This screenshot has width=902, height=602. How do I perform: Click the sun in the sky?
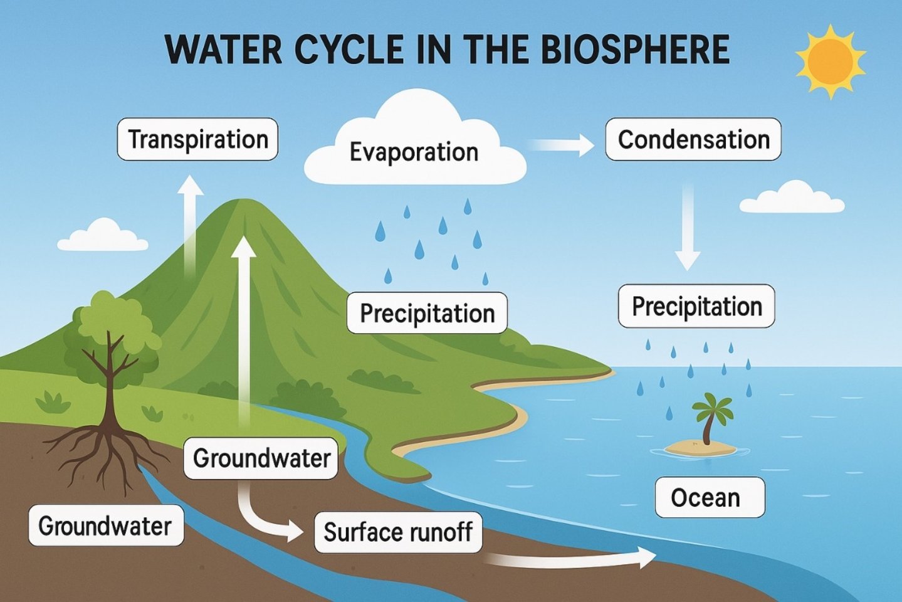pyautogui.click(x=831, y=61)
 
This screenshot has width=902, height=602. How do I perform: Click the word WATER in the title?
pyautogui.click(x=223, y=50)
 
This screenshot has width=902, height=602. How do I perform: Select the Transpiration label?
pyautogui.click(x=197, y=139)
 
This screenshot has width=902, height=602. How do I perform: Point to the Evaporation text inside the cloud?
pyautogui.click(x=414, y=152)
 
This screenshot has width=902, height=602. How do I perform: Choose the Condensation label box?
pyautogui.click(x=693, y=139)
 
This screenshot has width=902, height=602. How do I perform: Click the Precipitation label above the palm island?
pyautogui.click(x=696, y=307)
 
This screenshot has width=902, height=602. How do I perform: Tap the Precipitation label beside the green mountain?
pyautogui.click(x=427, y=313)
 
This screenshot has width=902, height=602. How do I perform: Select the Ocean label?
pyautogui.click(x=710, y=498)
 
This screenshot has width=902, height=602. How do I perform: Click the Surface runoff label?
pyautogui.click(x=398, y=532)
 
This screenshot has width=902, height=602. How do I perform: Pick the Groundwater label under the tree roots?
pyautogui.click(x=105, y=525)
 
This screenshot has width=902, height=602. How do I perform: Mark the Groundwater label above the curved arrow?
pyautogui.click(x=261, y=458)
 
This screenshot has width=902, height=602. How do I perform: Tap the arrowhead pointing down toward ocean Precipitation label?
pyautogui.click(x=688, y=260)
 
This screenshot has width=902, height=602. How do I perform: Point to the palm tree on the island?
pyautogui.click(x=711, y=414)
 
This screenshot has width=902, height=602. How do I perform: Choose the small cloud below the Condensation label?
pyautogui.click(x=792, y=198)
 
